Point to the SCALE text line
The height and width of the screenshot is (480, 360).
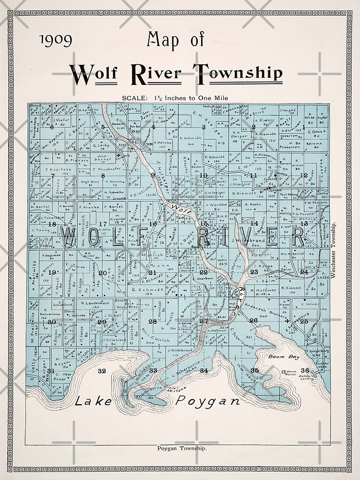[175, 98]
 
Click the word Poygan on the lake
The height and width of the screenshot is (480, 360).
[207, 401]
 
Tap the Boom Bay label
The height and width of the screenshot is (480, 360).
[287, 357]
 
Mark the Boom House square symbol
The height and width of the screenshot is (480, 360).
[283, 372]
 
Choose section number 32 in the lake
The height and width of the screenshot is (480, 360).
[101, 371]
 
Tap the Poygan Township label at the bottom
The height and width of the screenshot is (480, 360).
[182, 449]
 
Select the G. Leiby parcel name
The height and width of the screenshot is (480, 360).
[101, 144]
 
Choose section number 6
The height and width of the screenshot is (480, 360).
[51, 127]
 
